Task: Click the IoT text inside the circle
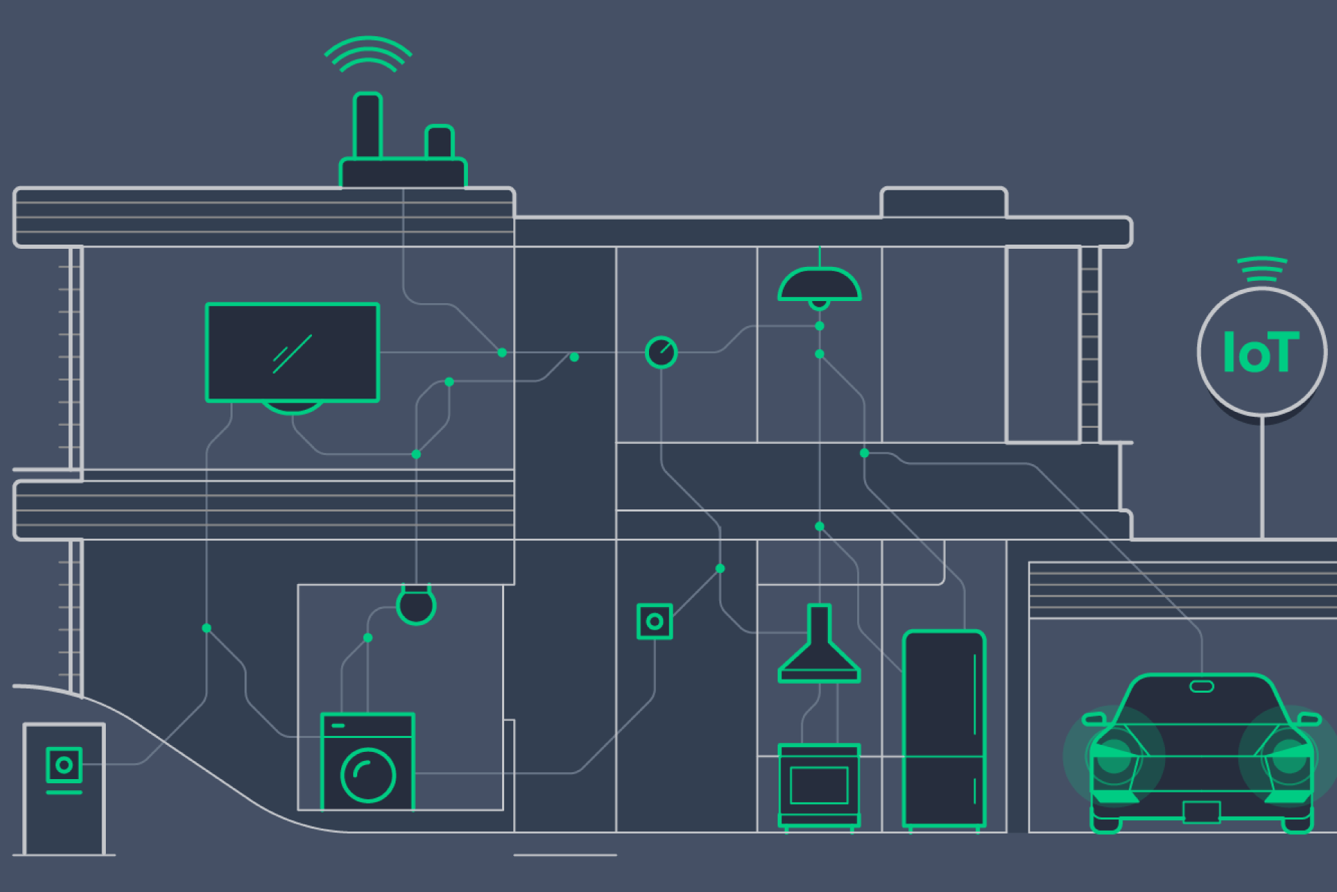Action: point(1260,353)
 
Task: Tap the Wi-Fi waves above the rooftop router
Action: point(368,54)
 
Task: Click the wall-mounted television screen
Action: point(292,352)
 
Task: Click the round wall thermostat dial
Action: point(661,352)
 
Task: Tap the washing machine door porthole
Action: point(368,775)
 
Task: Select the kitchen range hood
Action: point(819,648)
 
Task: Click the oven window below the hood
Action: point(819,785)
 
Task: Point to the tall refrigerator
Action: point(944,728)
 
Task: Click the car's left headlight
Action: point(1114,756)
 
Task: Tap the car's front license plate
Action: point(1201,812)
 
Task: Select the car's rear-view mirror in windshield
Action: point(1201,686)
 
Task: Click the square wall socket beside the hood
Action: point(655,622)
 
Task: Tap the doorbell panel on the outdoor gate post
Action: point(64,765)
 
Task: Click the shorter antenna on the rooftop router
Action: point(439,142)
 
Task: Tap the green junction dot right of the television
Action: point(502,353)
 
